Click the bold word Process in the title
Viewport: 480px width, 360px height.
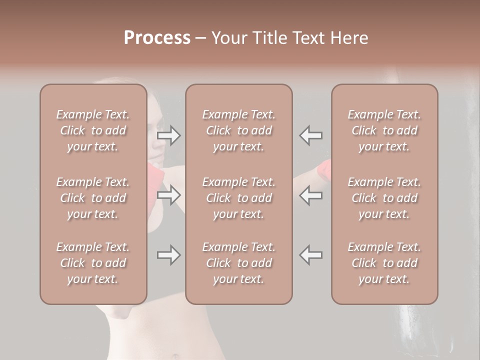(x=157, y=38)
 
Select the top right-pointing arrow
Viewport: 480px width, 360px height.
(x=169, y=135)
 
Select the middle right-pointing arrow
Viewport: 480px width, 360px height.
(x=169, y=195)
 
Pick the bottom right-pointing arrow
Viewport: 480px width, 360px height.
(x=169, y=255)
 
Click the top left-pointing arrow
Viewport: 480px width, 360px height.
(x=311, y=135)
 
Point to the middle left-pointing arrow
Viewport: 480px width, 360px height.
(x=311, y=195)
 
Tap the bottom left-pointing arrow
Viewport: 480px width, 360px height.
(x=311, y=255)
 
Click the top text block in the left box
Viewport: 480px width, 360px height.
(x=93, y=130)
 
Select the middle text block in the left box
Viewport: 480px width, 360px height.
(x=93, y=198)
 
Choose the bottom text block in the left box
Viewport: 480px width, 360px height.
(x=93, y=263)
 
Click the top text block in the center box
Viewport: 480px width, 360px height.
(x=239, y=130)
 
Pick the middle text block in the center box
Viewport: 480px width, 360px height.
(x=239, y=198)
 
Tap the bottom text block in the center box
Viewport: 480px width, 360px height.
(x=239, y=263)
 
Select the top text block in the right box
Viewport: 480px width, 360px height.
(x=384, y=130)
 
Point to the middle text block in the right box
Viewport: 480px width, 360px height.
(x=384, y=198)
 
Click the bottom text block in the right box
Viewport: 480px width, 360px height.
(x=384, y=263)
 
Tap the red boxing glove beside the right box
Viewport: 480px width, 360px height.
(x=325, y=170)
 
